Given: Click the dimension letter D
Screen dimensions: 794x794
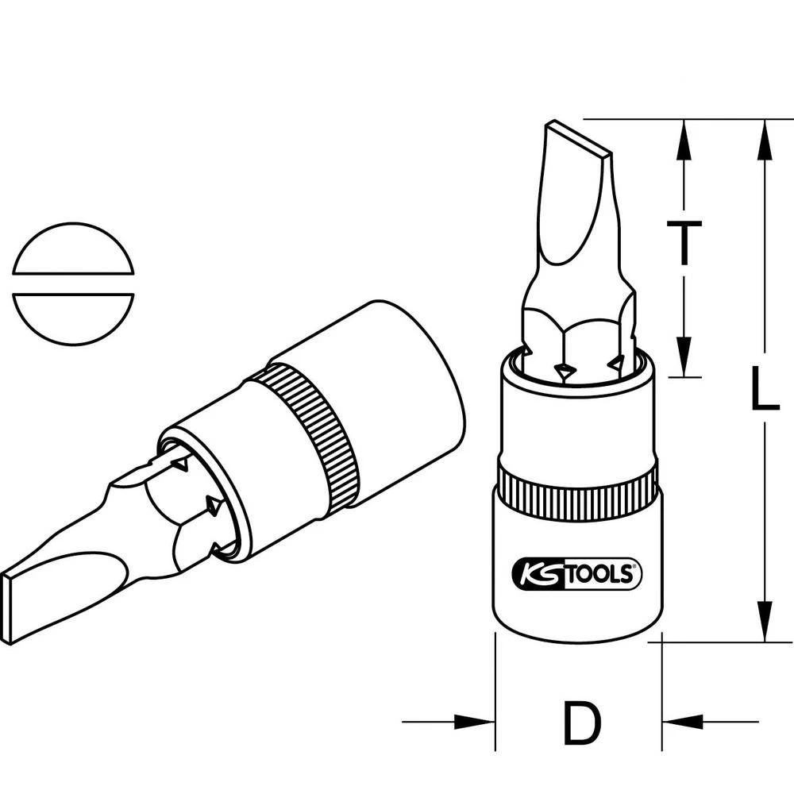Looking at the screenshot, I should pyautogui.click(x=581, y=720).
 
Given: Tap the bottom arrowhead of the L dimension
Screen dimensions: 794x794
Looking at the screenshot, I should pyautogui.click(x=765, y=623).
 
